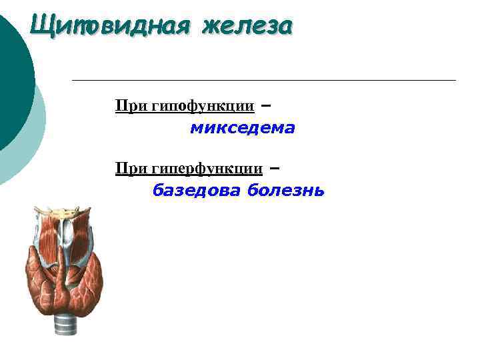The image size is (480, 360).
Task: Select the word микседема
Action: (x=242, y=128)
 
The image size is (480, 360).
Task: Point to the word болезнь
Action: (x=285, y=191)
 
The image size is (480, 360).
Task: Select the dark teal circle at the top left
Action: (x=10, y=73)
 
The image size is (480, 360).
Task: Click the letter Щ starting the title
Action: (x=39, y=27)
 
